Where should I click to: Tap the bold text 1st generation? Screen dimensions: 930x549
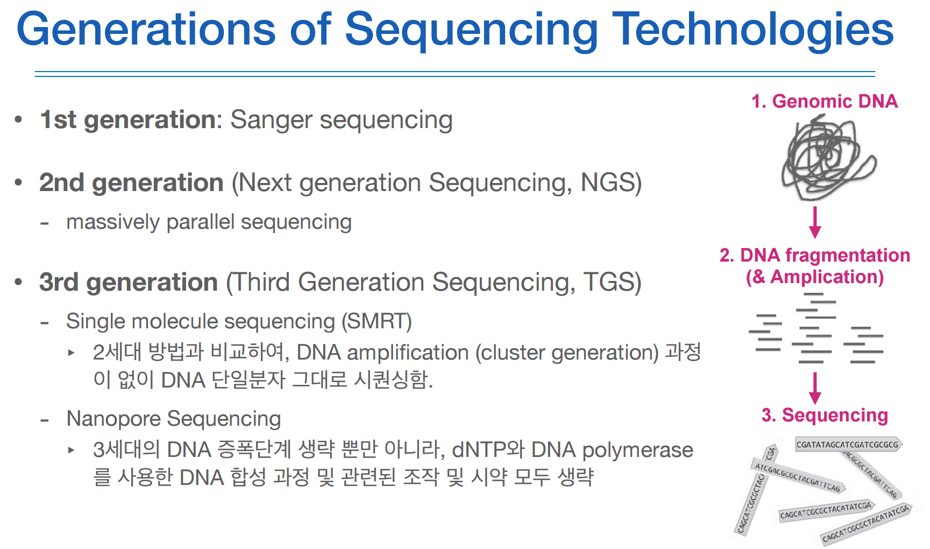128,119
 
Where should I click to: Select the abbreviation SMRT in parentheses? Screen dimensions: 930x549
377,321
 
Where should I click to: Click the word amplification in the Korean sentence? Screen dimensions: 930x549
408,353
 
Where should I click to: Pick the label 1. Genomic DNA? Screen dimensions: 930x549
825,101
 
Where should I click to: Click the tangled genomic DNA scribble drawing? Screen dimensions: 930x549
828,159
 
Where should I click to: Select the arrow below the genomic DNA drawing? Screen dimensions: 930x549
815,222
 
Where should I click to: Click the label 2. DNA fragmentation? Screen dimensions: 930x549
815,255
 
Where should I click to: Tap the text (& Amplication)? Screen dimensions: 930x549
815,277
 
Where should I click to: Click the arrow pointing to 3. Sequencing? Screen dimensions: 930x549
815,388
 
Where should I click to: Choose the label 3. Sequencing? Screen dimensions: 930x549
825,415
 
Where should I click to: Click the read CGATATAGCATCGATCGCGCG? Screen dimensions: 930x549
848,445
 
